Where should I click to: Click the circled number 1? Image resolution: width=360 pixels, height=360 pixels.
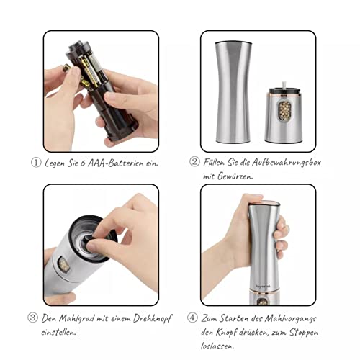tap(36, 163)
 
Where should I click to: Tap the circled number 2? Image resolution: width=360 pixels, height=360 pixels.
tap(194, 162)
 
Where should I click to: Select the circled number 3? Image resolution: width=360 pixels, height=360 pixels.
tap(32, 318)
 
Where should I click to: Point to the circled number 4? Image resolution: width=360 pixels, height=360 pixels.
tap(192, 318)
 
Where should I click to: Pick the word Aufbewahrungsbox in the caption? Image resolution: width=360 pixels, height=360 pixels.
tap(286, 163)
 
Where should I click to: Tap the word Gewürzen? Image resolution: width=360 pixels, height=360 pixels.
tap(235, 176)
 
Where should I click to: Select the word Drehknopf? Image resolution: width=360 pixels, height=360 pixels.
tap(153, 319)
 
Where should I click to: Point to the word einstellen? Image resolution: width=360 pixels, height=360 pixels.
tap(58, 333)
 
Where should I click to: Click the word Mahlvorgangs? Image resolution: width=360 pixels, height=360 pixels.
tap(290, 319)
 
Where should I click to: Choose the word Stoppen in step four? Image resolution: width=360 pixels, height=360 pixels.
tap(304, 333)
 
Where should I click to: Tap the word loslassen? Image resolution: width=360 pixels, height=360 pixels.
tap(217, 346)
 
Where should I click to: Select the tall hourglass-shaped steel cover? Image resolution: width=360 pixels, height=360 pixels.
tap(233, 92)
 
